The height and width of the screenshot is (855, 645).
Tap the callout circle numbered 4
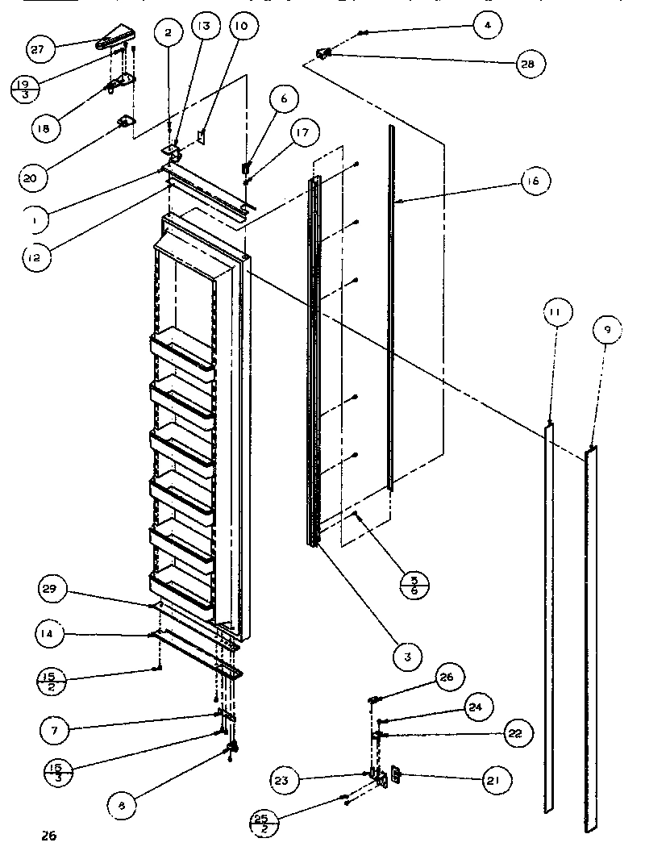tap(487, 25)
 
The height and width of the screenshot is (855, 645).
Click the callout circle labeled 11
tap(557, 312)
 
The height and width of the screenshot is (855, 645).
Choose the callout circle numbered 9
tap(607, 329)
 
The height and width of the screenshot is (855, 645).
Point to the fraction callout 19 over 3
tap(26, 89)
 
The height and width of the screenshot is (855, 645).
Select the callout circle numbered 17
tap(301, 133)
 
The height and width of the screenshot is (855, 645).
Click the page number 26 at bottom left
tap(49, 836)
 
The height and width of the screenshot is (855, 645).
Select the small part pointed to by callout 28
tap(323, 54)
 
